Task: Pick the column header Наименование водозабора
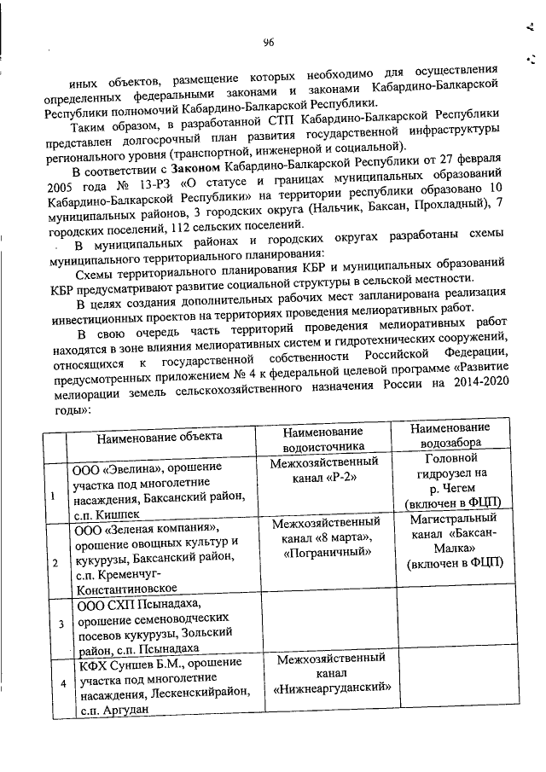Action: [x=449, y=436]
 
